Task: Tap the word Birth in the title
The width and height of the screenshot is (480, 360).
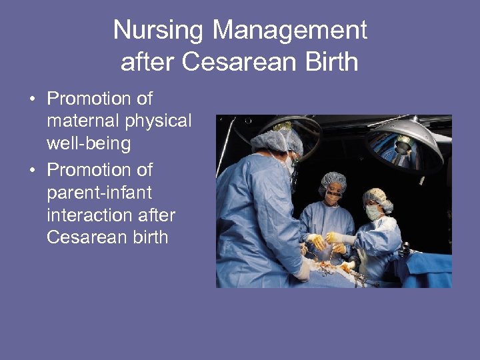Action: pyautogui.click(x=331, y=62)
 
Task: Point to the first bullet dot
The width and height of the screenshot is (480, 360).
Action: pyautogui.click(x=31, y=100)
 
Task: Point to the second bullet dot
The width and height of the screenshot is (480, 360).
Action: pyautogui.click(x=31, y=171)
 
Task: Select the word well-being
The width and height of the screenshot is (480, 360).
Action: pyautogui.click(x=89, y=144)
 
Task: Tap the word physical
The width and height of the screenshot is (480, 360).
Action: pyautogui.click(x=159, y=121)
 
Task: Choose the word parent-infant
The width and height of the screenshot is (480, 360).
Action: pyautogui.click(x=99, y=193)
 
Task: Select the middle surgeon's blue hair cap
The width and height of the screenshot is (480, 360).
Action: pyautogui.click(x=333, y=181)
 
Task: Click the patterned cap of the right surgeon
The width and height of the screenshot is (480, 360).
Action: pyautogui.click(x=376, y=197)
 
